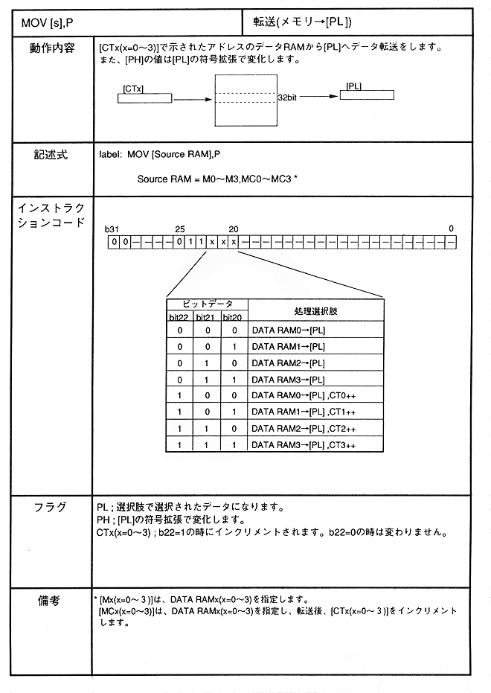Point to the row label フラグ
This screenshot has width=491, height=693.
tap(51, 507)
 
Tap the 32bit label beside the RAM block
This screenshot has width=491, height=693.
tap(288, 98)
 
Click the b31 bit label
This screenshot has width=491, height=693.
tap(112, 228)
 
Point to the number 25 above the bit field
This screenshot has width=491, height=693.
tap(179, 228)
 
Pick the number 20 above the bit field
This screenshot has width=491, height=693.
tap(233, 228)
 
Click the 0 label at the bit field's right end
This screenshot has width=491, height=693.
tap(452, 228)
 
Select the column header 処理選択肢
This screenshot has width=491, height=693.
tap(315, 310)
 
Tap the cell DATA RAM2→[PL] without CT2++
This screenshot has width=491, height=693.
tap(288, 363)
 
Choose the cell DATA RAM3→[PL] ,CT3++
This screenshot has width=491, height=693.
tap(304, 444)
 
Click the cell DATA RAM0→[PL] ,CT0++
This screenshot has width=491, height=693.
tap(304, 396)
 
